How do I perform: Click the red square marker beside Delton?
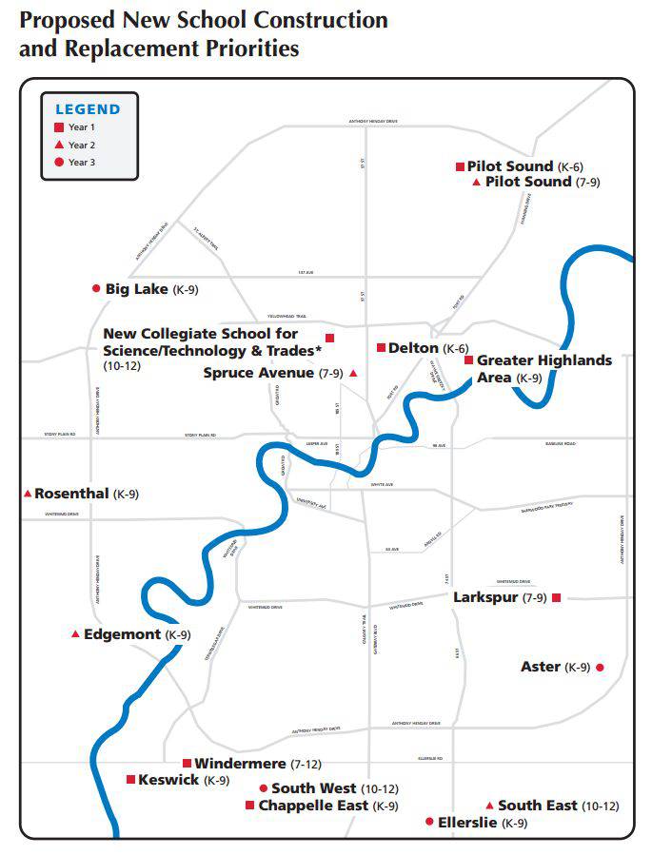click(x=381, y=348)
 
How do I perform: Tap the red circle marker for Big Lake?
click(x=95, y=288)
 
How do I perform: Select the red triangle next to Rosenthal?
click(x=28, y=494)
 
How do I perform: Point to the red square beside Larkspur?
click(x=557, y=597)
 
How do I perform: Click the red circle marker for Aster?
click(x=600, y=668)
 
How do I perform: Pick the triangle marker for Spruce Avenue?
click(x=353, y=374)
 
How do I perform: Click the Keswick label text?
click(x=168, y=780)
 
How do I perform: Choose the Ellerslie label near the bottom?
click(x=466, y=823)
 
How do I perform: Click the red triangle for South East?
click(x=489, y=805)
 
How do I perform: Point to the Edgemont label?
click(x=123, y=634)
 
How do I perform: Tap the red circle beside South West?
click(x=263, y=788)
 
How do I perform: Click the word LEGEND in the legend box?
click(x=88, y=109)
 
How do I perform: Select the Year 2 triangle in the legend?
click(x=59, y=145)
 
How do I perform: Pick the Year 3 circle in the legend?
click(x=59, y=163)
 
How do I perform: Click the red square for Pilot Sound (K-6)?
click(x=460, y=166)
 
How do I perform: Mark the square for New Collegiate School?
click(x=329, y=338)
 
